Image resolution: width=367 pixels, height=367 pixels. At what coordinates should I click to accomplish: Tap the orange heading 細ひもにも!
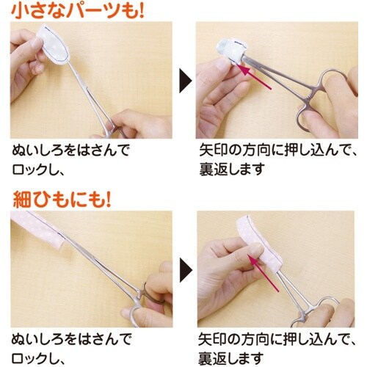point(62,198)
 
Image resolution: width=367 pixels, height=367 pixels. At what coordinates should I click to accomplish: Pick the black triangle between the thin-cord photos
point(186,266)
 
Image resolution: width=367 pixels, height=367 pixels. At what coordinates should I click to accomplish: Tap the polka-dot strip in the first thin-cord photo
point(44,233)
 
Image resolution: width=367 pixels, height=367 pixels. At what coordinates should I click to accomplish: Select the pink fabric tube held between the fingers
point(257,246)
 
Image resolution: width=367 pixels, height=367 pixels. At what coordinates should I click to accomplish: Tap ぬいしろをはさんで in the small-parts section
point(70,151)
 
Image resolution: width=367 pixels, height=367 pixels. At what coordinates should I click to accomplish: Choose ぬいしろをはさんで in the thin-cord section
point(70,339)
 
